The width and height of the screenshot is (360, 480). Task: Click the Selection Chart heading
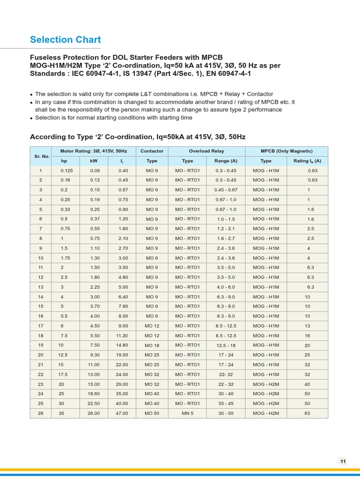click(65, 40)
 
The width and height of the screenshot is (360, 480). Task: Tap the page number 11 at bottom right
click(343, 461)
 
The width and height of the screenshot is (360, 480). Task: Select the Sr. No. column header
click(41, 156)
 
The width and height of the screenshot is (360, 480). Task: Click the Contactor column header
click(152, 151)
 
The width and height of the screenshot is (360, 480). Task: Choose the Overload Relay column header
click(206, 151)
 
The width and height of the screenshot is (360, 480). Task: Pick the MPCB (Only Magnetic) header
click(286, 151)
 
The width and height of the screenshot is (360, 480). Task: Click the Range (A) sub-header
click(225, 161)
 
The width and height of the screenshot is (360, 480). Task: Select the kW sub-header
click(94, 161)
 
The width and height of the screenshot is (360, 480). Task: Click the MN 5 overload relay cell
click(187, 413)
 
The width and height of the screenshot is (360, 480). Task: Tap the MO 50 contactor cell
click(152, 413)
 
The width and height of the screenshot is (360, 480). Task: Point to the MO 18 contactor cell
click(152, 345)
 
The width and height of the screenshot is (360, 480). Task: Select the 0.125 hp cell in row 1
click(67, 171)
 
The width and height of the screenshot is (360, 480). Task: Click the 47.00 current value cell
click(123, 413)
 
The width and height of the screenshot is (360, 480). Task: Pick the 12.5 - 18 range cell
click(225, 345)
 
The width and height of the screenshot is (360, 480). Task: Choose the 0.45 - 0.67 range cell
click(225, 190)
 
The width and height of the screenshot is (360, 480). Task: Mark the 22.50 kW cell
click(94, 404)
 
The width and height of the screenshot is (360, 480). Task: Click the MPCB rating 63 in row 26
click(308, 413)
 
